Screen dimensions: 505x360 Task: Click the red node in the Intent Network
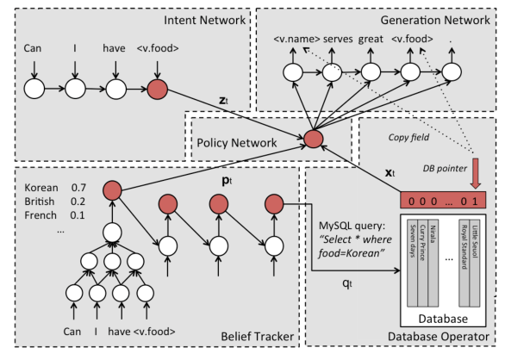tap(158, 89)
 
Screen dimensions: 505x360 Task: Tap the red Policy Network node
tap(314, 139)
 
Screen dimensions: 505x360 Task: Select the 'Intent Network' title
tap(204, 21)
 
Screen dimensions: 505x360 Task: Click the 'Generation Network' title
tap(435, 21)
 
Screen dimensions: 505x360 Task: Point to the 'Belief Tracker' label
tap(258, 337)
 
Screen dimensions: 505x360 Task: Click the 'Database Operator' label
tap(439, 337)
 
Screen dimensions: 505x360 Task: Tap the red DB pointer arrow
tap(476, 173)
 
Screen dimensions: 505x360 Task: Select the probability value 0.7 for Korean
tap(78, 188)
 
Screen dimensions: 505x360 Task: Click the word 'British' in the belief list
tap(40, 202)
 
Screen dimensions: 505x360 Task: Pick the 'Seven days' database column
tap(412, 264)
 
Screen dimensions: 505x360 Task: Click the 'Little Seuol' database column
tap(475, 264)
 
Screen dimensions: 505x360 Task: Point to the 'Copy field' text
tap(408, 138)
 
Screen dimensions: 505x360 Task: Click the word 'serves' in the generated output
tap(338, 39)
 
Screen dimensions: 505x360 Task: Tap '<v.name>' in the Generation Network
tap(296, 39)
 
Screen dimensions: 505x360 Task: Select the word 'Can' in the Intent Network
tap(33, 48)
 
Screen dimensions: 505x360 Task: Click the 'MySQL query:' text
tap(352, 226)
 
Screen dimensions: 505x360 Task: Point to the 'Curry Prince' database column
tap(422, 264)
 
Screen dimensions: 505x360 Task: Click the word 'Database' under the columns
tap(443, 319)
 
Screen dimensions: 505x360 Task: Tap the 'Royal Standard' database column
tap(464, 264)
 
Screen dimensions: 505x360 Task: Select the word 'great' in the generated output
tap(371, 40)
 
